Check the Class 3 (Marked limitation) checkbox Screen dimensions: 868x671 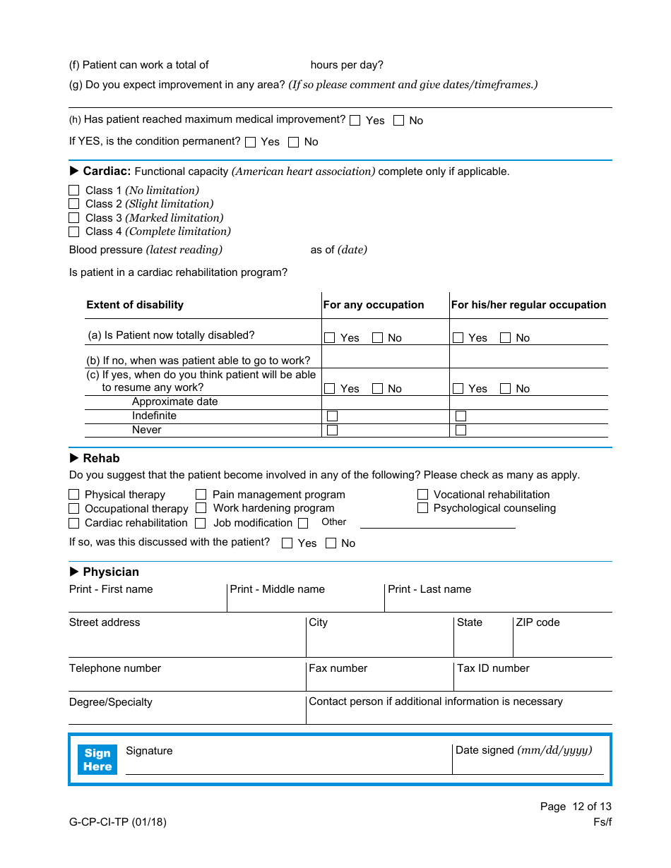coord(74,218)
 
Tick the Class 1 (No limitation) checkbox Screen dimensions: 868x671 coord(74,191)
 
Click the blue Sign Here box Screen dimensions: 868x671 coord(97,760)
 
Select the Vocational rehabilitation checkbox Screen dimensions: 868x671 coord(422,495)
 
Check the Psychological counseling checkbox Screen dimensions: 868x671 coord(422,508)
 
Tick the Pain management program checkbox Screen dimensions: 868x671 coord(201,495)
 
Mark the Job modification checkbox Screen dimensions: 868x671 coord(201,523)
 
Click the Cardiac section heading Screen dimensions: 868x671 coord(106,171)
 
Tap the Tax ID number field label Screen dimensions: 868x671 coord(493,668)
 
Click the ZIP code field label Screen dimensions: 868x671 coord(538,622)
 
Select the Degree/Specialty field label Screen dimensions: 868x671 coord(111,702)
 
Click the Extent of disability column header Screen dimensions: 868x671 coord(135,305)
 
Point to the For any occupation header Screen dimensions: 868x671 coord(374,305)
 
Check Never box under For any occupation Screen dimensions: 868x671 coord(332,430)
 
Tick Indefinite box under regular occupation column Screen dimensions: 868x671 coord(461,416)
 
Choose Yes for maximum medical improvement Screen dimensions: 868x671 coord(355,121)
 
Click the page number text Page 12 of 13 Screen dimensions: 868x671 coord(576,807)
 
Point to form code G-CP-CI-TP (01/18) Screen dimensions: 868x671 coord(118,821)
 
